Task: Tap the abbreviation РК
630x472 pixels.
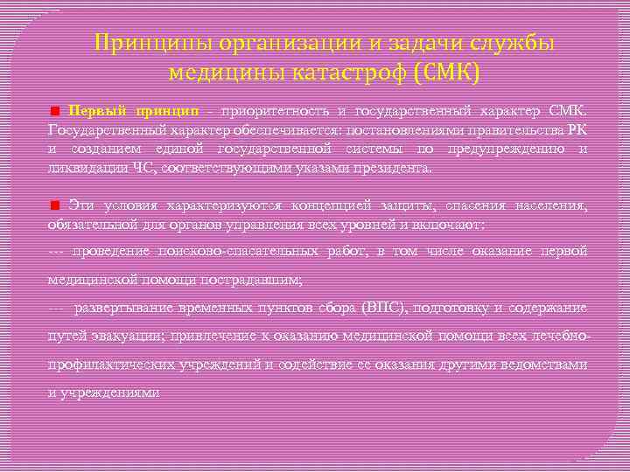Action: click(x=577, y=130)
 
